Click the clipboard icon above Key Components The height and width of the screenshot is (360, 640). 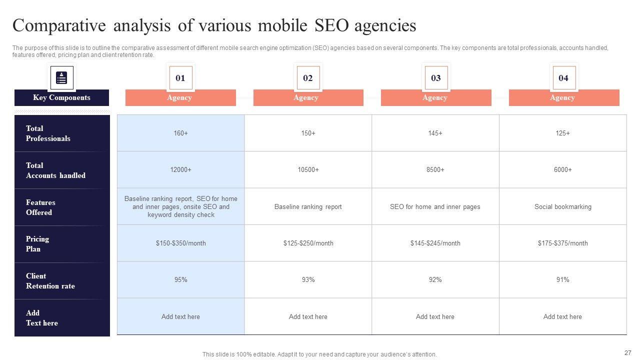(x=62, y=78)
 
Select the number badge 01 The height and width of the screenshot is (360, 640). (x=180, y=78)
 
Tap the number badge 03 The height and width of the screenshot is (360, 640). (x=436, y=78)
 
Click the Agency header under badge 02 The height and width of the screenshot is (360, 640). (x=308, y=98)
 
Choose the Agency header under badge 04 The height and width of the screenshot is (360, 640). (x=563, y=98)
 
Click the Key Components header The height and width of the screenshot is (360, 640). (x=61, y=97)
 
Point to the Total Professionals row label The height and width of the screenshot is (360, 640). (x=48, y=133)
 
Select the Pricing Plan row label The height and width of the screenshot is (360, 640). (x=37, y=244)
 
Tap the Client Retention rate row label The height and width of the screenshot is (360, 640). (x=50, y=281)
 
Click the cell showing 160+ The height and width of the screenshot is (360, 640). (x=180, y=133)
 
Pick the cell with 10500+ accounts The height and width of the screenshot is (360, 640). (x=308, y=170)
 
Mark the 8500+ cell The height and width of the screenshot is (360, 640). (x=435, y=170)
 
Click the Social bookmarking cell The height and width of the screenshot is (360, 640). (x=562, y=206)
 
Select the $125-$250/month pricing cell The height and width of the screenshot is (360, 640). (x=308, y=243)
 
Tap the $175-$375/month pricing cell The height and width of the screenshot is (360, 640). (x=562, y=243)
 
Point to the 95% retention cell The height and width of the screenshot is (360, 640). (x=180, y=280)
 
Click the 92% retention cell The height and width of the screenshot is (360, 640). (x=435, y=280)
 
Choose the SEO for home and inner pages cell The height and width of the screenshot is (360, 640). (x=435, y=206)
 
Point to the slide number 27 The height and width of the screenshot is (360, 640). (x=628, y=352)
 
